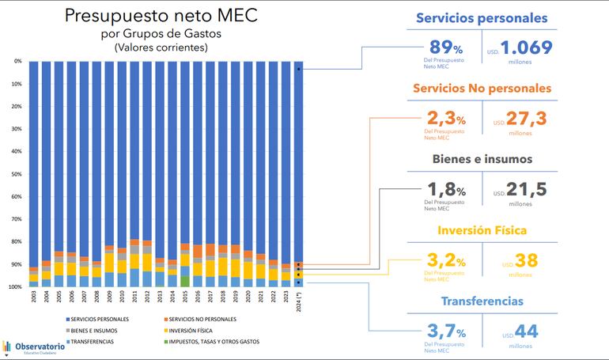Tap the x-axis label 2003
[33, 300]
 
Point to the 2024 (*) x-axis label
[298, 302]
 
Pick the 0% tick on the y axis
[18, 61]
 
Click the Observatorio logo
[36, 347]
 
